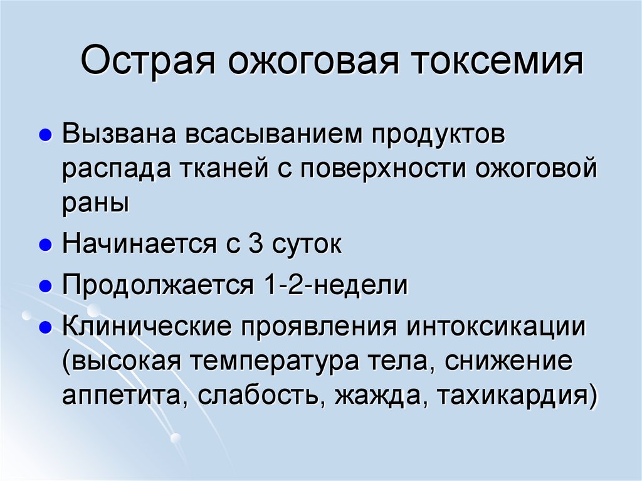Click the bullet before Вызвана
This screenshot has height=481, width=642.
pyautogui.click(x=45, y=137)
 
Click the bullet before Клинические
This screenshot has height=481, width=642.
pyautogui.click(x=45, y=327)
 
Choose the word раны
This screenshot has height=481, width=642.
pyautogui.click(x=95, y=204)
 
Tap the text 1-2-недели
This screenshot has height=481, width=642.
pyautogui.click(x=332, y=286)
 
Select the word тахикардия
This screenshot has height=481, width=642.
pyautogui.click(x=513, y=396)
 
